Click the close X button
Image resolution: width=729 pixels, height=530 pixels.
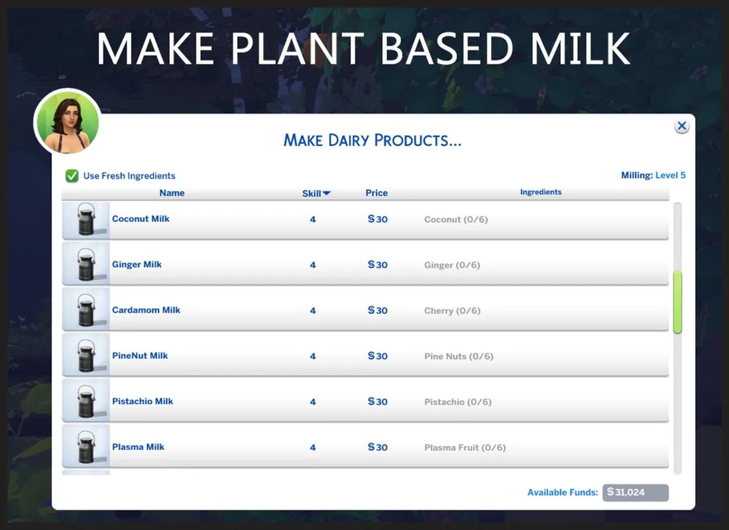(681, 126)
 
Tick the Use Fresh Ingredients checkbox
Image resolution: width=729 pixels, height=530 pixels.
(72, 176)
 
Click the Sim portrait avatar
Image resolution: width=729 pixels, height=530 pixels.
(67, 122)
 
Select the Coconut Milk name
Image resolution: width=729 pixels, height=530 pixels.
(140, 219)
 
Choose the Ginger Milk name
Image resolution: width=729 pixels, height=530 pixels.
(137, 264)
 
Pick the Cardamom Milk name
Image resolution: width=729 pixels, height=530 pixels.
(146, 310)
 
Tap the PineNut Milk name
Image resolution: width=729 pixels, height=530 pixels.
(140, 356)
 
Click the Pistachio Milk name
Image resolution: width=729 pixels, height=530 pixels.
(142, 401)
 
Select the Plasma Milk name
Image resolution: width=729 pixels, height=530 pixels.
(138, 447)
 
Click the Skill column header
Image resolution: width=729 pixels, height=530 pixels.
(315, 193)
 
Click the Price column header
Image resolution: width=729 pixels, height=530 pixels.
(376, 193)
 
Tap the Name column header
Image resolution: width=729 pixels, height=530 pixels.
(172, 193)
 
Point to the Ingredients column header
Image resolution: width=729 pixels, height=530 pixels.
(540, 192)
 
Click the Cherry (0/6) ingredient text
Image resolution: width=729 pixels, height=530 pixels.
(452, 311)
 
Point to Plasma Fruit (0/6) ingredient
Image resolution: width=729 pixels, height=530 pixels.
(465, 448)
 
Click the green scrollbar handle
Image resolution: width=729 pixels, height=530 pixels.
(677, 302)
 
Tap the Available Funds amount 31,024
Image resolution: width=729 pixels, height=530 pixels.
(634, 492)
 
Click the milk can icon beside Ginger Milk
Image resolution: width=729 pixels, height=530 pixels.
(85, 265)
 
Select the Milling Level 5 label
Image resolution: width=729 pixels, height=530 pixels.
(653, 176)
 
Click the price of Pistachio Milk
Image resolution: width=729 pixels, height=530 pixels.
(378, 401)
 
